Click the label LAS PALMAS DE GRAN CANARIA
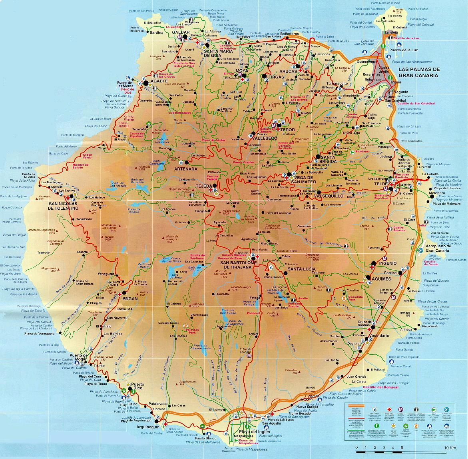(x=425, y=72)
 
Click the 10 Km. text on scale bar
(x=450, y=447)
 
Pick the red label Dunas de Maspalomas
(x=247, y=442)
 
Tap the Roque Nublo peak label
(x=231, y=211)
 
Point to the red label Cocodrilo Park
(x=355, y=298)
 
